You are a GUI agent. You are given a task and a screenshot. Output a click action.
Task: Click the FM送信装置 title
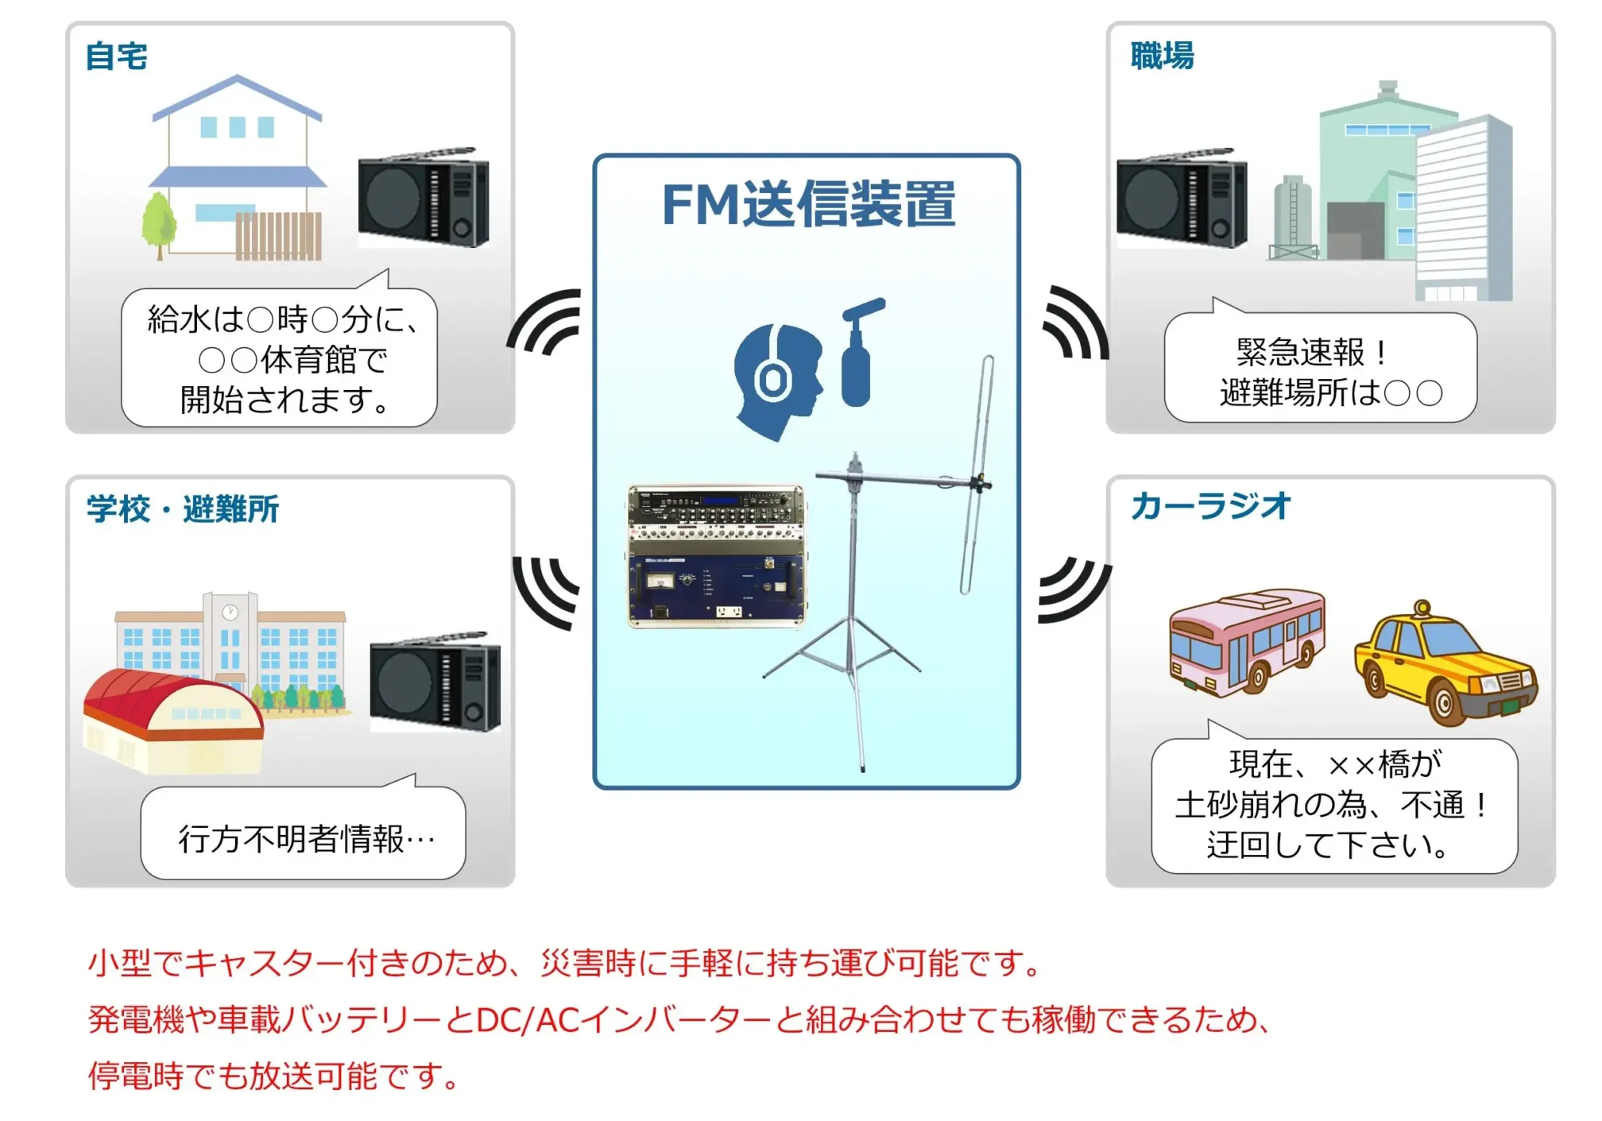808,204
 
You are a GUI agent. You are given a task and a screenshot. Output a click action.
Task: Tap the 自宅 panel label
117,56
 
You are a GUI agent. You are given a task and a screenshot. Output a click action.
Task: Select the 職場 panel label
1162,56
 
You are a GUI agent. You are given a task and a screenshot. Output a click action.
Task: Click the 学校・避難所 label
183,509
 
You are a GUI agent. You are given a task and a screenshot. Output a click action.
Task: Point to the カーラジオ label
1210,506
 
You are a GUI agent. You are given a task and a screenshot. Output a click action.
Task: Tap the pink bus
1246,642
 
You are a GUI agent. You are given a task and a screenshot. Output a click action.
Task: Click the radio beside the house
423,199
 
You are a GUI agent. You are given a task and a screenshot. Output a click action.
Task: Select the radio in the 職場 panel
1181,199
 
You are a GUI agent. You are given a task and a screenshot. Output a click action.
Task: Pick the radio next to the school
435,683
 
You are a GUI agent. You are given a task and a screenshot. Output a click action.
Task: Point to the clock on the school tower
230,612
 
